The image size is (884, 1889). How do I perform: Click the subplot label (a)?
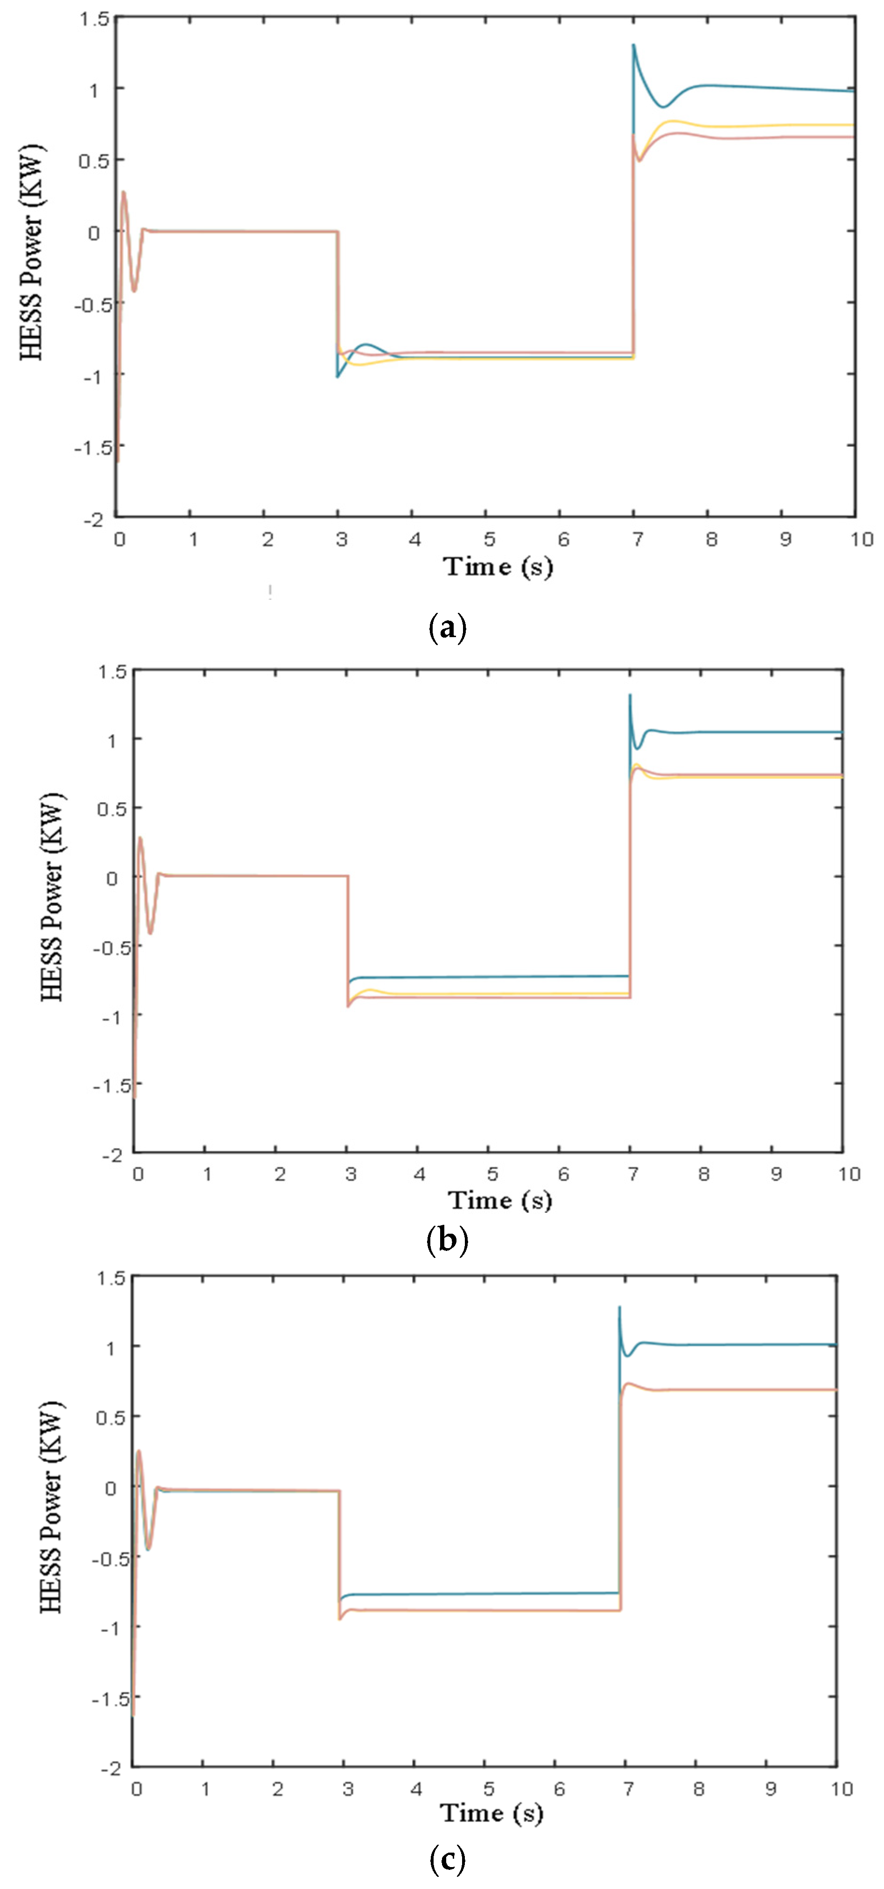pyautogui.click(x=447, y=628)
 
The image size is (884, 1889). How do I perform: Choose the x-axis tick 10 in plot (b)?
pyautogui.click(x=849, y=1174)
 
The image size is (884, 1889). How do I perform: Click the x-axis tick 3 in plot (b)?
pyautogui.click(x=351, y=1174)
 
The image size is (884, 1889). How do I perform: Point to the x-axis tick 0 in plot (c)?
pyautogui.click(x=136, y=1789)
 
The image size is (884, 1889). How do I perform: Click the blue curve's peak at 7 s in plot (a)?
pyautogui.click(x=634, y=45)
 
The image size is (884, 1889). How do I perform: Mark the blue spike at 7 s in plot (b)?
pyautogui.click(x=630, y=694)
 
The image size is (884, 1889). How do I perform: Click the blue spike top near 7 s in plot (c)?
pyautogui.click(x=619, y=1307)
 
